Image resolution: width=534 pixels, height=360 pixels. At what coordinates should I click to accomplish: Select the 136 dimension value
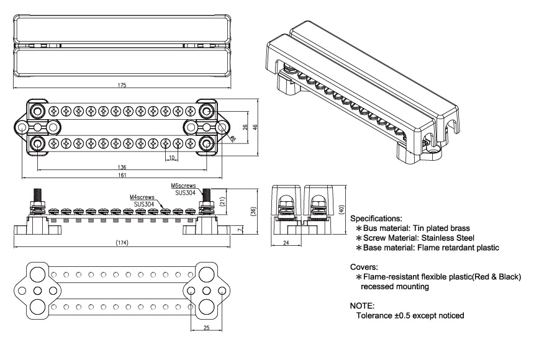tap(122, 167)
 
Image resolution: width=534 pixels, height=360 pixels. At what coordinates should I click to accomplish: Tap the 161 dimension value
tap(122, 176)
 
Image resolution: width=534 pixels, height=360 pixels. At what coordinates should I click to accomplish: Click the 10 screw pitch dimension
tap(171, 158)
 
